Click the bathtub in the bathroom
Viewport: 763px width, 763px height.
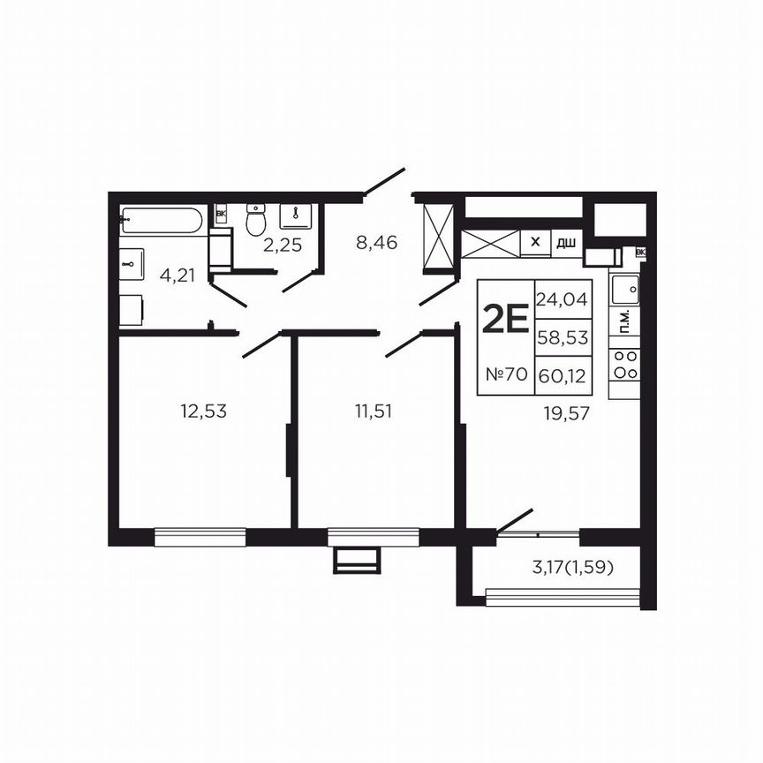tap(162, 220)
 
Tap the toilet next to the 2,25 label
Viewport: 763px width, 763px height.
tap(256, 220)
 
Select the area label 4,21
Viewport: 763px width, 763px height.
tap(177, 275)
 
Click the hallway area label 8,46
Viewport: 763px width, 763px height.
tap(374, 239)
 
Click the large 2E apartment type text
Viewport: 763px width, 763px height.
tap(505, 319)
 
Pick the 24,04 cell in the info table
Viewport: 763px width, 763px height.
tap(562, 298)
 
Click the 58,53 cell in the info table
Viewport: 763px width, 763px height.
tap(562, 336)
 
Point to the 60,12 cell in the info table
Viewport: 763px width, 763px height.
tap(562, 374)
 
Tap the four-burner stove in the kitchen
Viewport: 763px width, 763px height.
tap(626, 364)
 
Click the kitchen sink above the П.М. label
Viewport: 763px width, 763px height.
tap(626, 288)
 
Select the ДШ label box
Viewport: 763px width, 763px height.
tap(566, 242)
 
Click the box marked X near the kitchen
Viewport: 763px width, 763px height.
tap(534, 241)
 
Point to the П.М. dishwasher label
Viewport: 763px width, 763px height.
tap(625, 323)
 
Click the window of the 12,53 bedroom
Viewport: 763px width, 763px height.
tap(200, 533)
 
